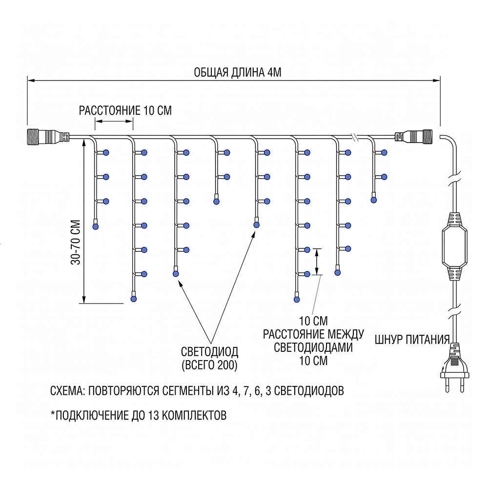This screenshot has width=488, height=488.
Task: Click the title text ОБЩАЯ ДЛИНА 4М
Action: tap(238, 72)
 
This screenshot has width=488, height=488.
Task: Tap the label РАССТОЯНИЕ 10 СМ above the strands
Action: tap(125, 110)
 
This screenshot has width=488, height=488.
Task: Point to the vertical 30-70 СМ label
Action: tap(76, 242)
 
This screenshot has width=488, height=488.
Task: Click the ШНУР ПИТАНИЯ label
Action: tap(412, 340)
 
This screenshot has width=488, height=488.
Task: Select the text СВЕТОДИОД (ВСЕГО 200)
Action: tap(209, 358)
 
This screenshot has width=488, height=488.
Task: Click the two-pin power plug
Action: tap(454, 368)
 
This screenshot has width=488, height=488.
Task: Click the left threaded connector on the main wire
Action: tap(48, 137)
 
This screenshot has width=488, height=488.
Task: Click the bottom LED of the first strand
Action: tap(96, 226)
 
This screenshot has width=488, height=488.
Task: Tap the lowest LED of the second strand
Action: tap(134, 299)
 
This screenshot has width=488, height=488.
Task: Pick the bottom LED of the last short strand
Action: tap(373, 200)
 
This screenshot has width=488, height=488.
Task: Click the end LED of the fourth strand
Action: tap(216, 202)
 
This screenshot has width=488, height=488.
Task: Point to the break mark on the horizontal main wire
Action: tap(355, 137)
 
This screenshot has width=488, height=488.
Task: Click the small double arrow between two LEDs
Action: tap(317, 262)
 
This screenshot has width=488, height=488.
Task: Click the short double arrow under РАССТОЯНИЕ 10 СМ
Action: tap(114, 121)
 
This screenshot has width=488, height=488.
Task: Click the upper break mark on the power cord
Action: tap(454, 181)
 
